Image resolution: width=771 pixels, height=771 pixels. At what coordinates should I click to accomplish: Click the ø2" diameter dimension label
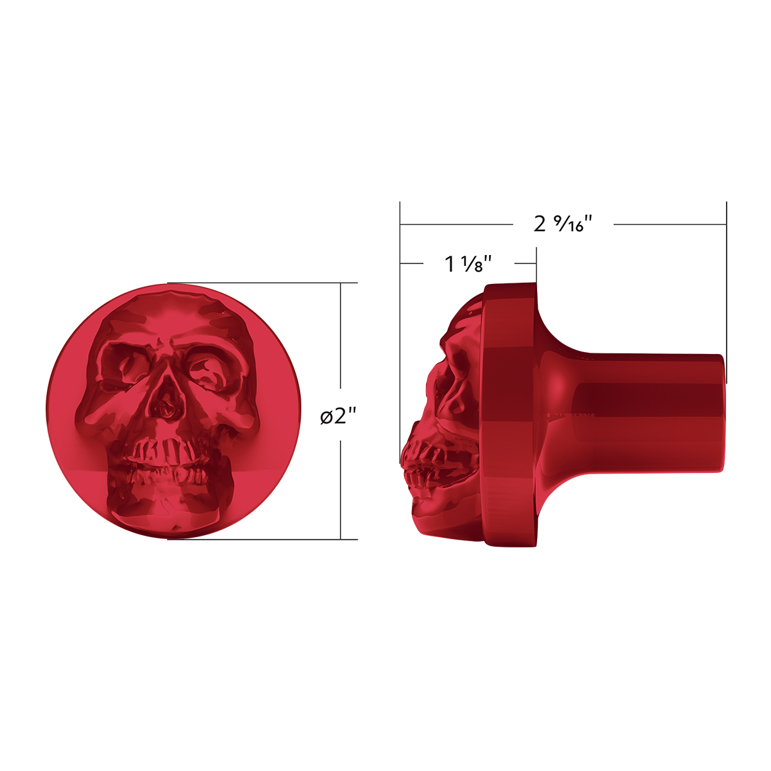[339, 417]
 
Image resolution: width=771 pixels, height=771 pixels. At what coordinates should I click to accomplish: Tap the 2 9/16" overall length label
[562, 224]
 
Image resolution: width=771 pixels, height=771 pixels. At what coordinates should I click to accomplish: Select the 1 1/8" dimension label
[468, 263]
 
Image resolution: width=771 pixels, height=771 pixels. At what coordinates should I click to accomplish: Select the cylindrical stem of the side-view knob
[642, 411]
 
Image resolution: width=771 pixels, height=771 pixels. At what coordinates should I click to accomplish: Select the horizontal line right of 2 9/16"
[668, 224]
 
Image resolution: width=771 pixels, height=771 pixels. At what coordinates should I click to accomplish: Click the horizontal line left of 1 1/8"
[411, 263]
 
